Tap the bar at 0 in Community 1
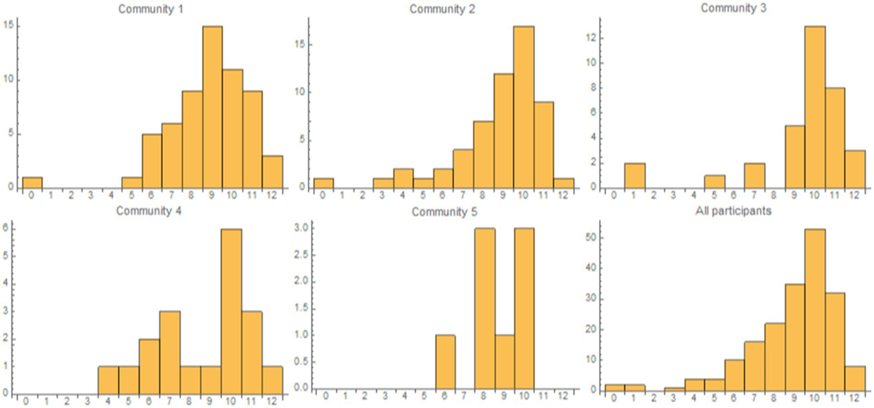click(x=32, y=182)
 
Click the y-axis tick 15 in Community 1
click(x=10, y=26)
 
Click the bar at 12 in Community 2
click(x=564, y=183)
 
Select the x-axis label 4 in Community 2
click(x=403, y=195)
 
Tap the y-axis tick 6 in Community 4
click(x=7, y=229)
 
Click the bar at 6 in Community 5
click(x=445, y=362)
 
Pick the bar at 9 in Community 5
click(x=504, y=362)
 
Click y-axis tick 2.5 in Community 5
click(x=303, y=255)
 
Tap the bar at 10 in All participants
click(x=815, y=310)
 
